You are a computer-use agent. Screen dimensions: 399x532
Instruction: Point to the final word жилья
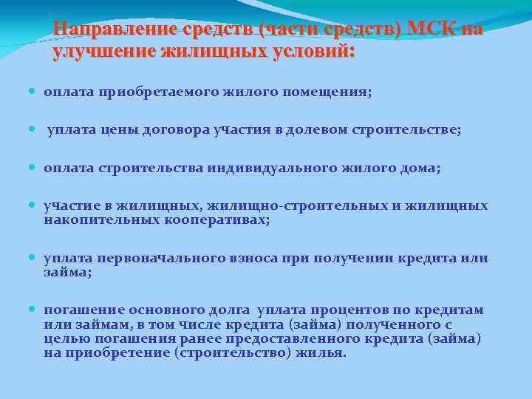322,352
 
